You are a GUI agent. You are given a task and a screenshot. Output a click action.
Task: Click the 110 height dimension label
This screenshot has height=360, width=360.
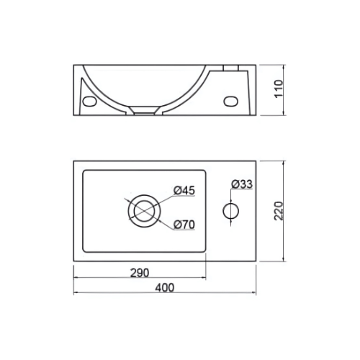[x=279, y=89]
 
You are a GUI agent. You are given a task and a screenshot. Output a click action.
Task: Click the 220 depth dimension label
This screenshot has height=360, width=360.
[x=279, y=211]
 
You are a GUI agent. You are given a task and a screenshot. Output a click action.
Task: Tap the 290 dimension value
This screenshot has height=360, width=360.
[x=140, y=273]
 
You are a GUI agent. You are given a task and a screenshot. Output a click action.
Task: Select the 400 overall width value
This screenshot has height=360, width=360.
[x=165, y=287]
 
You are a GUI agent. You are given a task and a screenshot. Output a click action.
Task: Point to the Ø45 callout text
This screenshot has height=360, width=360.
[x=184, y=191]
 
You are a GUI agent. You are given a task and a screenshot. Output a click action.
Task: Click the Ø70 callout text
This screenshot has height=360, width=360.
[x=184, y=225]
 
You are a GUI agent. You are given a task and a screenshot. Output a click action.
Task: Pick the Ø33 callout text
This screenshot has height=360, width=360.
[x=242, y=184]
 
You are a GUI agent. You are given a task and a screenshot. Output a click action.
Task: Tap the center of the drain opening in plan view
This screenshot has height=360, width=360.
[x=144, y=211]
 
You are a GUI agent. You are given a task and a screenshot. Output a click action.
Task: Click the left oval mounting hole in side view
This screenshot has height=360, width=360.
[x=89, y=102]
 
